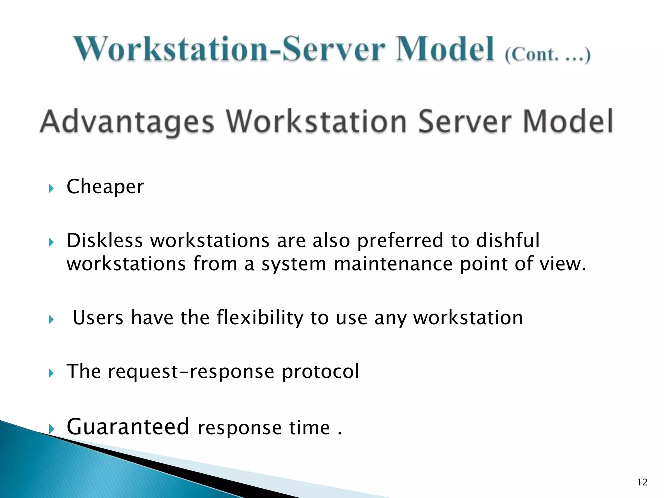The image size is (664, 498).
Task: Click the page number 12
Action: pos(642,482)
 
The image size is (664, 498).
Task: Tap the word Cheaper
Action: pos(105,187)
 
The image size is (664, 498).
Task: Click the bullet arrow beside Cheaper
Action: pos(51,188)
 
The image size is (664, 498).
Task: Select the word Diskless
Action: pos(105,241)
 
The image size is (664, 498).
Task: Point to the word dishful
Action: pos(508,241)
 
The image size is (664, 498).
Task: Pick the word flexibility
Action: pos(260,318)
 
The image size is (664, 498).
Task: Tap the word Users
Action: pos(98,318)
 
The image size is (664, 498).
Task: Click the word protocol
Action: pos(320,372)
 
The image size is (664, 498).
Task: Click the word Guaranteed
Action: pos(128,427)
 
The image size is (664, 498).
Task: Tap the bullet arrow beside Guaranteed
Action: pos(51,429)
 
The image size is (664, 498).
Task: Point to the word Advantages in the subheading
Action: pos(127,123)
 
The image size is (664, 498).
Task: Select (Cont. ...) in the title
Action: pos(547,55)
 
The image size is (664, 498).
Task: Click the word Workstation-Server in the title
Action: pos(230,49)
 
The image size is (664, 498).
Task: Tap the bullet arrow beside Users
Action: pos(51,320)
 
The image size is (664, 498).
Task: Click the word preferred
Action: pos(400,241)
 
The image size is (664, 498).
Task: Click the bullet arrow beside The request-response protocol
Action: pos(51,373)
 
